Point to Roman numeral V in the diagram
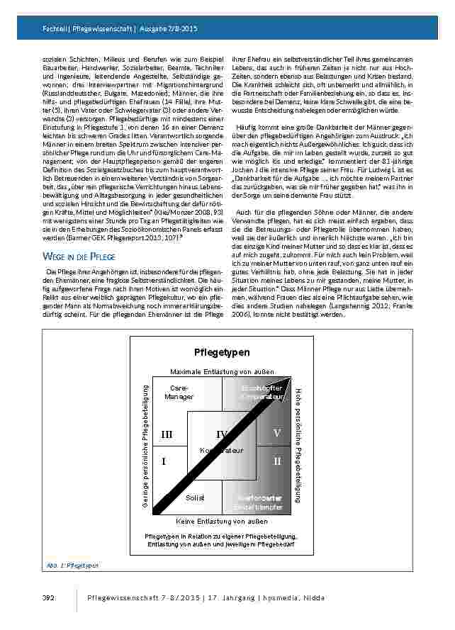pyautogui.click(x=276, y=433)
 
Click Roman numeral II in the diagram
pyautogui.click(x=276, y=461)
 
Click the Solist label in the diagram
pyautogui.click(x=195, y=498)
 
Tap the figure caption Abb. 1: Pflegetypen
pyautogui.click(x=69, y=566)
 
